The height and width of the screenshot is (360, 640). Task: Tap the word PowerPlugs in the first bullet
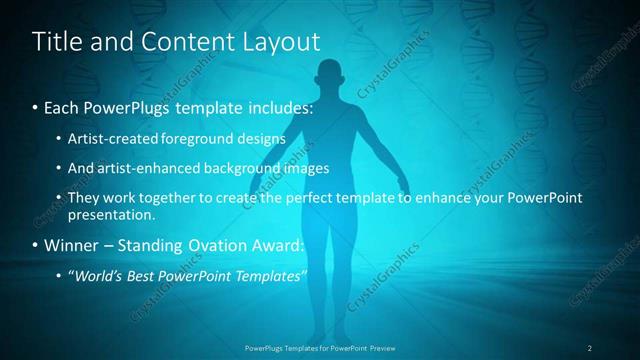point(126,106)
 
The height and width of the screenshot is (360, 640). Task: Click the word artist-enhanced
point(138,168)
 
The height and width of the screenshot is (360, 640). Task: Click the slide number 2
point(590,347)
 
